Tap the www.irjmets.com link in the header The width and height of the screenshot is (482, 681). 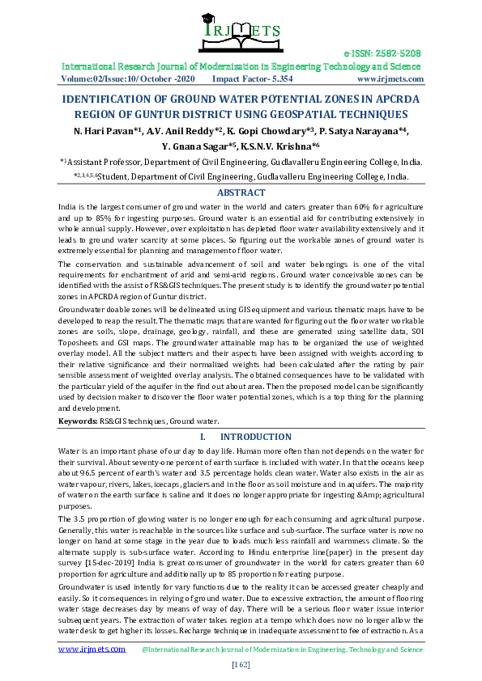tap(390, 79)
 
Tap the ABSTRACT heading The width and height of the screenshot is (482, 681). tap(241, 192)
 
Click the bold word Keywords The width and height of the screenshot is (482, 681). tap(77, 421)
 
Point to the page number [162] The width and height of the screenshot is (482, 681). tap(241, 664)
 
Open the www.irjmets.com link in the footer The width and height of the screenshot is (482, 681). tap(92, 648)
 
